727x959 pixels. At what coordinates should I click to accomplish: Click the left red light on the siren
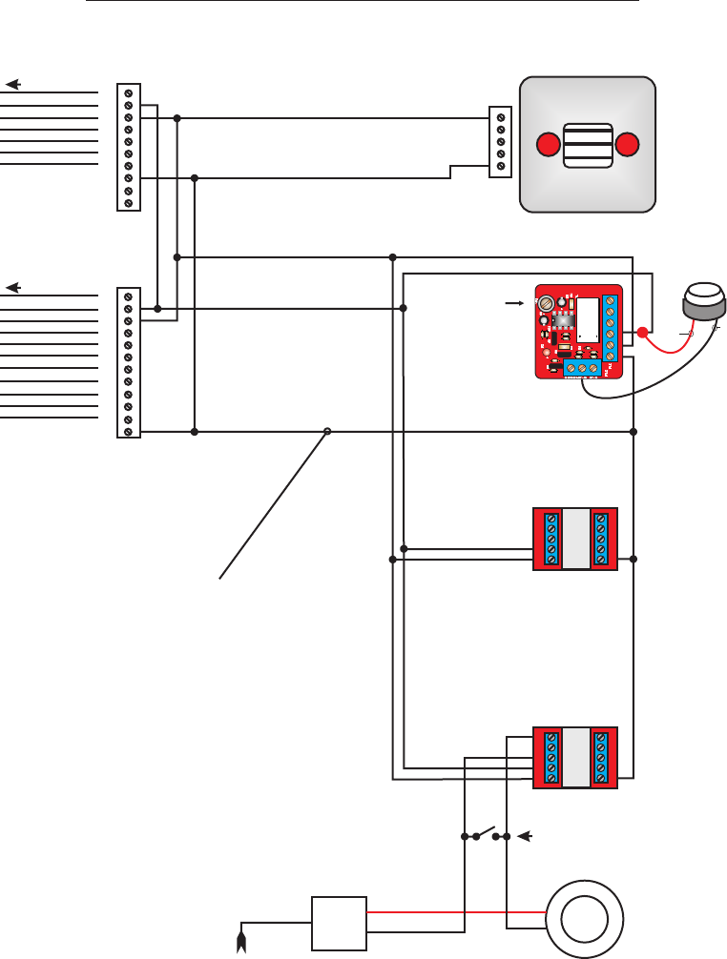pos(548,145)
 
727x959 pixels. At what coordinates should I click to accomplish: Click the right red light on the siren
pos(626,145)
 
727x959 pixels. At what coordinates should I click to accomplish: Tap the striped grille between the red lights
pos(587,145)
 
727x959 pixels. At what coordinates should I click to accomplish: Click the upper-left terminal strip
pos(128,147)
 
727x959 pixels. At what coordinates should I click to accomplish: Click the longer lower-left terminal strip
pos(128,362)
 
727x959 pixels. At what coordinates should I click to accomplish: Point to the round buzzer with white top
pos(703,301)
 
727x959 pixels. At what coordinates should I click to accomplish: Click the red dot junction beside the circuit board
pos(643,333)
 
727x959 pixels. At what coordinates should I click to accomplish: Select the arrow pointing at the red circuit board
pos(513,302)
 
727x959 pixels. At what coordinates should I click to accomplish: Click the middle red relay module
pos(575,539)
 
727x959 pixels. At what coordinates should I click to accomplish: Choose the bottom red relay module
pos(575,757)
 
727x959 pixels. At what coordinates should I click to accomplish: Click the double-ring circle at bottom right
pos(585,919)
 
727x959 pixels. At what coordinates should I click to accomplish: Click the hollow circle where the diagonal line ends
pos(327,432)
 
